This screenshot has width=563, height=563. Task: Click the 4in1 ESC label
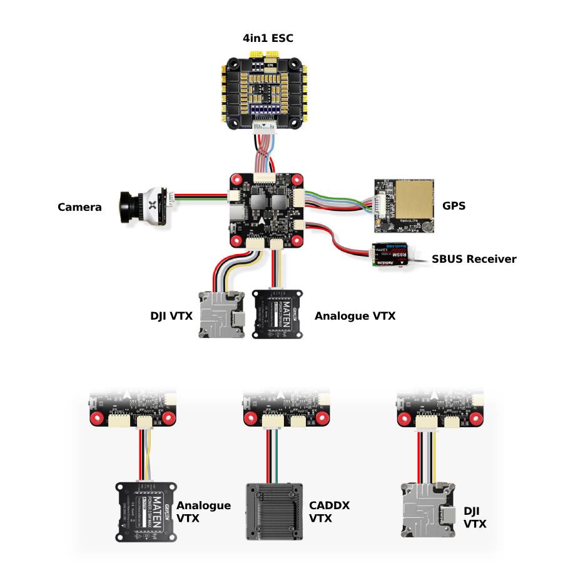click(x=268, y=39)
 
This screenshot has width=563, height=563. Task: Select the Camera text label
click(x=79, y=206)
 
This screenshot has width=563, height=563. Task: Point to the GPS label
click(x=454, y=205)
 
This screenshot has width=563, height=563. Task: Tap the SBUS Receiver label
click(x=474, y=258)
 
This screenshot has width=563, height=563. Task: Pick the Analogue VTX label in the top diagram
click(x=355, y=316)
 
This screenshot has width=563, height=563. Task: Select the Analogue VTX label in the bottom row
click(x=203, y=512)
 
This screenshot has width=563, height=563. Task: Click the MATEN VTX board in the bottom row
click(x=146, y=512)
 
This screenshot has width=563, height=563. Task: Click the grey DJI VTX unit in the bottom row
click(x=425, y=510)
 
